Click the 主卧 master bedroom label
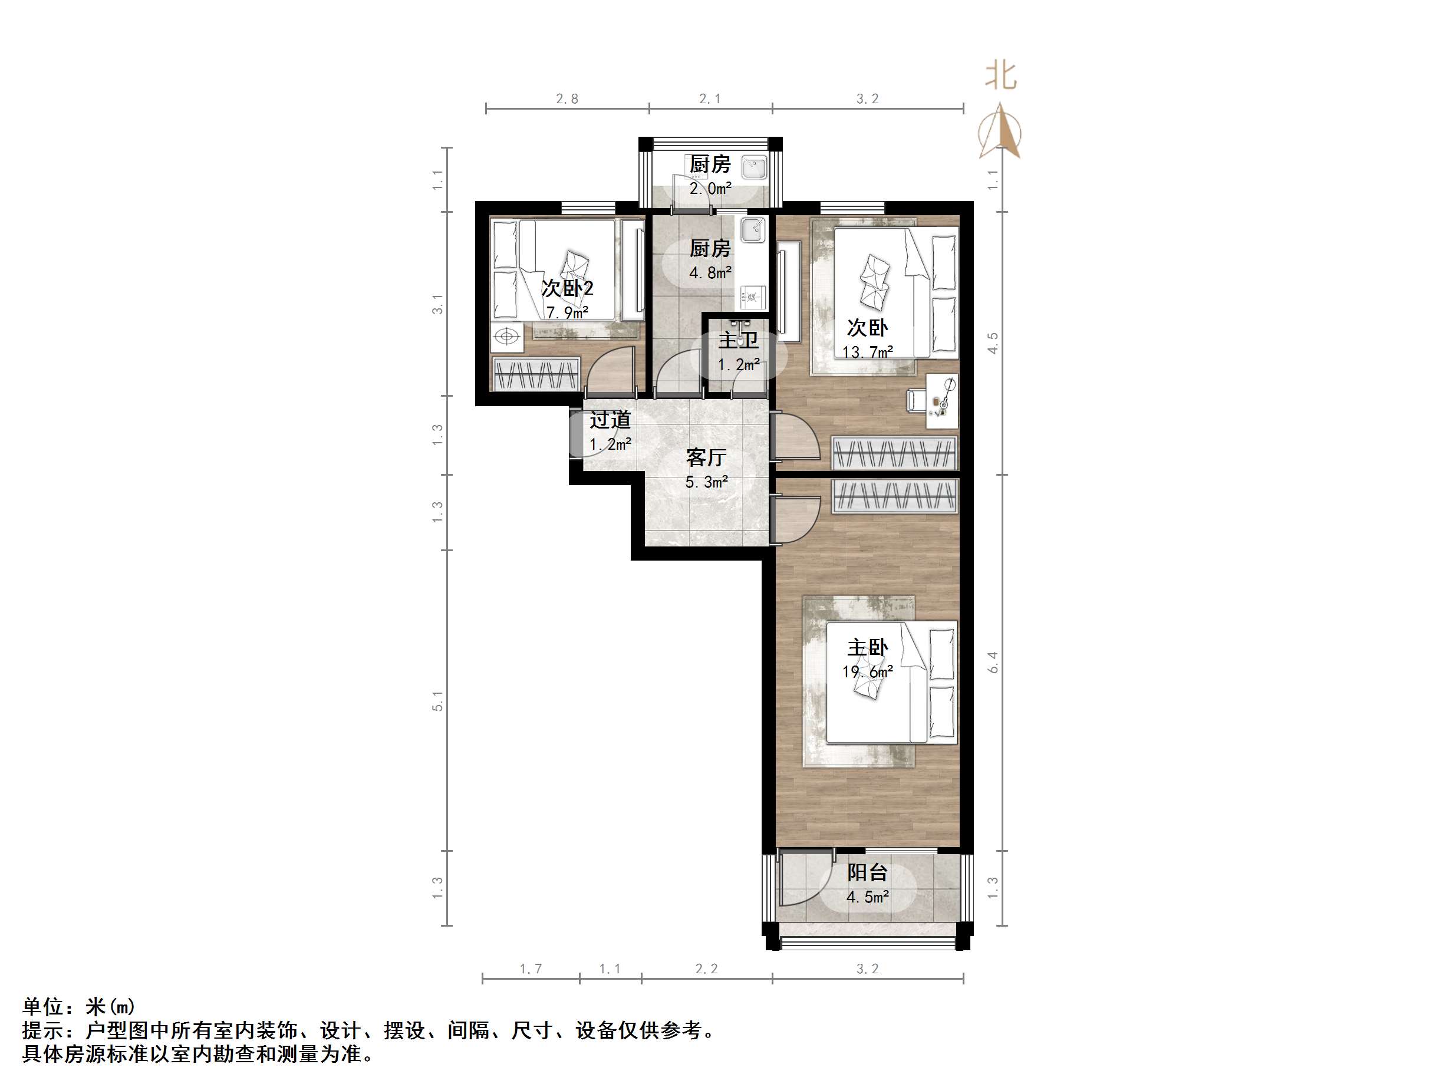click(867, 647)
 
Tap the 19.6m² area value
click(867, 671)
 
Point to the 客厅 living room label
click(706, 457)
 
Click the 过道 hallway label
click(610, 419)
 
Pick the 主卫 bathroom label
click(738, 340)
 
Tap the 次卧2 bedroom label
click(567, 288)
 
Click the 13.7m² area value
click(867, 352)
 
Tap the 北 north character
click(1000, 76)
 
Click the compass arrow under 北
click(1000, 131)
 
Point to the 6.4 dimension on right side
click(993, 663)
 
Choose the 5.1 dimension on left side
click(437, 700)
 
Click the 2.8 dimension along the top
click(567, 99)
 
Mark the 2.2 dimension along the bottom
click(706, 969)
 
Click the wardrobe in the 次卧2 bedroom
click(536, 374)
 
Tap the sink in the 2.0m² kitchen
click(754, 168)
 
